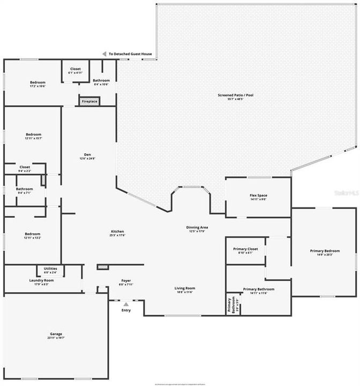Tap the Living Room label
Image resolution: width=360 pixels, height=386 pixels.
(x=185, y=290)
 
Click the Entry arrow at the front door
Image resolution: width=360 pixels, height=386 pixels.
(x=126, y=304)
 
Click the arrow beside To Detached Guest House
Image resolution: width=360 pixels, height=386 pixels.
(x=105, y=54)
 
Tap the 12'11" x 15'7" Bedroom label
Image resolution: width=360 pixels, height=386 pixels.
(x=33, y=136)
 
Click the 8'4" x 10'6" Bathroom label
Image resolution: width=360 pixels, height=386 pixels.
(x=101, y=82)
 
